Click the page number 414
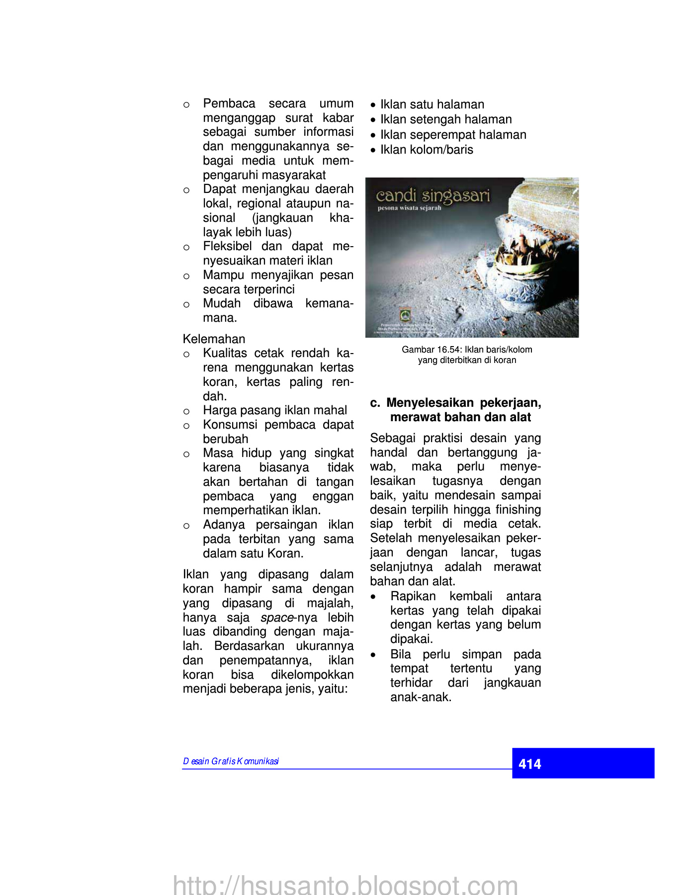coord(529,764)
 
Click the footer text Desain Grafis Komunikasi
coord(231,761)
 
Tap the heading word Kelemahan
coord(214,339)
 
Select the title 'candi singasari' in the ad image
coord(432,195)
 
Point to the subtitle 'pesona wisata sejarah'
coord(409,208)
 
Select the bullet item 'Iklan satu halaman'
coord(432,104)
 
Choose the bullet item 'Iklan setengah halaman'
coord(446,119)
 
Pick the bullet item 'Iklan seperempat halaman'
coord(453,135)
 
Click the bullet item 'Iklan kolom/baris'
coord(427,150)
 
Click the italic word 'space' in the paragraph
coord(276,618)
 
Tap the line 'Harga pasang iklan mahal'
coord(275,410)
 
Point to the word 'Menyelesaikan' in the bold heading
coord(430,403)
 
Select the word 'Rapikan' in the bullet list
coord(413,596)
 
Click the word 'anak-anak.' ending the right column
coord(421,697)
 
